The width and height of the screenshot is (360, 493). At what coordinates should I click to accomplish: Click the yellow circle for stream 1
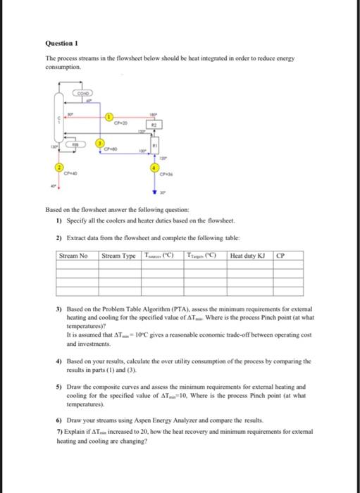point(109,116)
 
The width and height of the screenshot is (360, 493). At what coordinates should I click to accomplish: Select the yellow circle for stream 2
point(59,167)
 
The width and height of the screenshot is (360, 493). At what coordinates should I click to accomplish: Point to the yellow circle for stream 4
point(155,168)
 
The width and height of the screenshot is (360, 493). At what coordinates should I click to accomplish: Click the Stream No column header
point(74,256)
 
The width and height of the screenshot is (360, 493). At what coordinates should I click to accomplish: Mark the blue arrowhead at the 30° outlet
point(155,190)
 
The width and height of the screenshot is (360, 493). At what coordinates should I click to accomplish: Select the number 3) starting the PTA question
point(58,310)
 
